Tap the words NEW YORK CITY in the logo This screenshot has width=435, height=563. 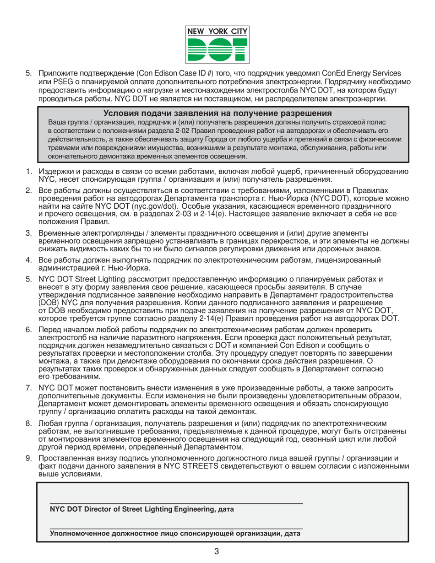coord(217,32)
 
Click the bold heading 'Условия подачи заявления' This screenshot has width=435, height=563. coord(217,114)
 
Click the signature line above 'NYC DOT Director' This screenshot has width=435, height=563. coord(176,503)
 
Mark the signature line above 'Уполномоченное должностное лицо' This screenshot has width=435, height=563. coord(176,528)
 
